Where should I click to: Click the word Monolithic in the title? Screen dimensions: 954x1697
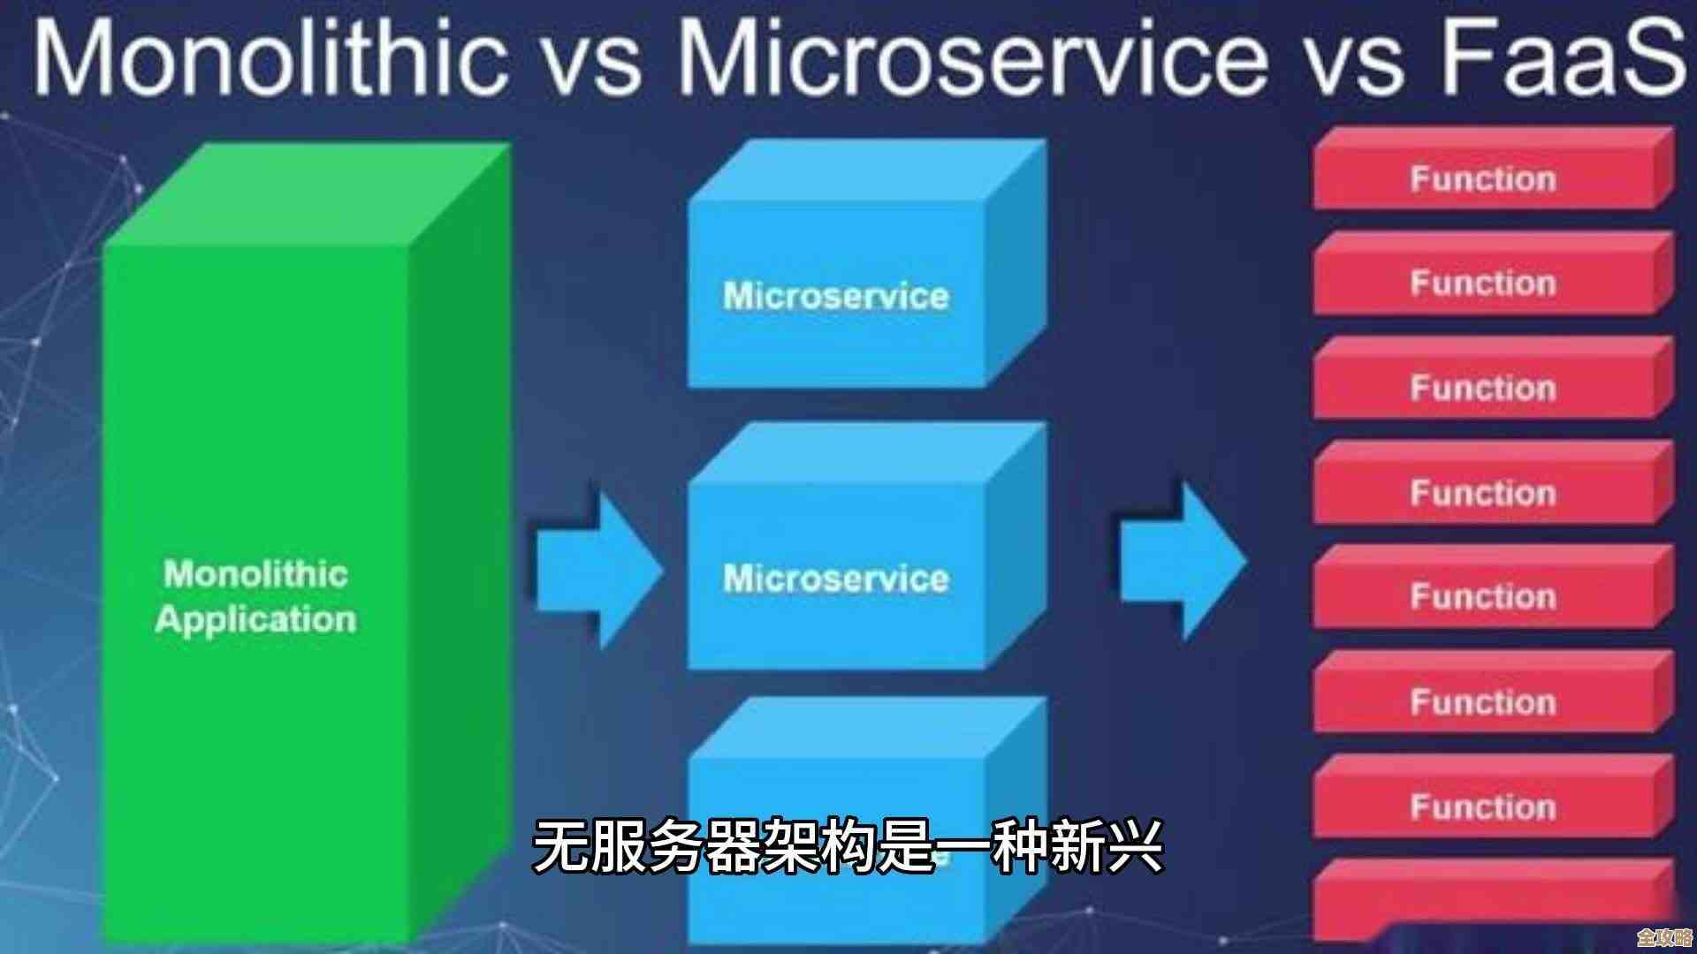click(270, 57)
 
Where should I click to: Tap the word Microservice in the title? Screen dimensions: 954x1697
click(972, 57)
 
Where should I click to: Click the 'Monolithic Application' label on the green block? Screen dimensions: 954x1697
click(256, 596)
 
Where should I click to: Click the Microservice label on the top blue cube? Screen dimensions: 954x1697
click(835, 296)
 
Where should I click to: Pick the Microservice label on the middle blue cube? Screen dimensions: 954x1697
click(835, 579)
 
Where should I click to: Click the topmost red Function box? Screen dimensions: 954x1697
click(1483, 179)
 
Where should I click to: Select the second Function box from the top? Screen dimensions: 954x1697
click(1483, 284)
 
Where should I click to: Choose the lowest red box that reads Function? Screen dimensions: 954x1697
click(1483, 806)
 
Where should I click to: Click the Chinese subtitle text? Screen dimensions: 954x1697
click(847, 846)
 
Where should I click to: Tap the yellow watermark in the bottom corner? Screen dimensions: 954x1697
click(1663, 937)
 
